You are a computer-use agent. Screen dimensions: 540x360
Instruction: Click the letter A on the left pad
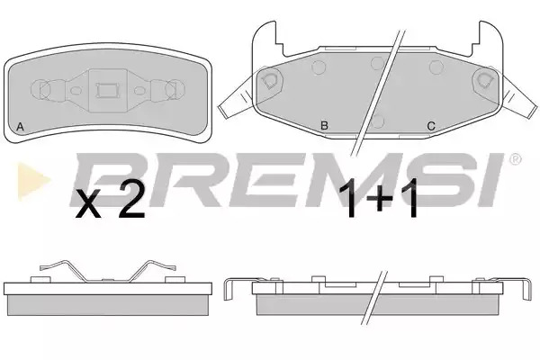21,127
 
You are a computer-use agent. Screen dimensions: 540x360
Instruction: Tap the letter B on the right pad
324,125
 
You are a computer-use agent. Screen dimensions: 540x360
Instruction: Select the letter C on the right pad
431,126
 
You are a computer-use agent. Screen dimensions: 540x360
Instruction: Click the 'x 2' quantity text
110,204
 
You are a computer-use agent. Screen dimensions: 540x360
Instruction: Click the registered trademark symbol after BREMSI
515,159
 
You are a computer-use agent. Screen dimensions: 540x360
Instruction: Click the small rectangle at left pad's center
107,91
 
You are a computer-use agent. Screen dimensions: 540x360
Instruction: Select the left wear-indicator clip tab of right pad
236,101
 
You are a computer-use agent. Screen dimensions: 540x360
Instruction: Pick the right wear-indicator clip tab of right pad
520,99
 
